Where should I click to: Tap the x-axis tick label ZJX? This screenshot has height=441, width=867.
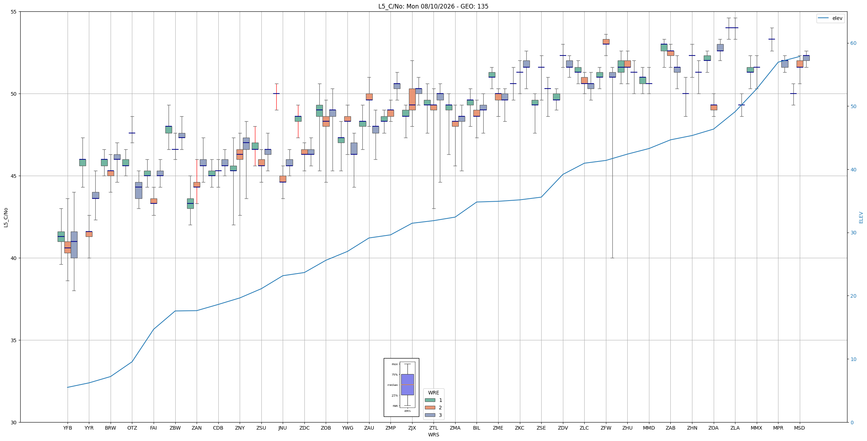(x=412, y=428)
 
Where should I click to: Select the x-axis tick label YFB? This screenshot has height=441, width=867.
(x=68, y=428)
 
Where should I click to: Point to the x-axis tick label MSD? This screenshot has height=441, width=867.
(x=799, y=428)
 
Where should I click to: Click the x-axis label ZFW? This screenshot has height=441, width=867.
(x=606, y=428)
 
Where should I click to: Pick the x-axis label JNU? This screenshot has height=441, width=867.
(x=283, y=428)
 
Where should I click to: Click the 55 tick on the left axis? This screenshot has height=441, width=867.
(x=14, y=12)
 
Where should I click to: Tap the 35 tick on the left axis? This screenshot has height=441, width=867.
(x=14, y=340)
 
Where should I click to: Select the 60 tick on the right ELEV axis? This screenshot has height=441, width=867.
(x=853, y=43)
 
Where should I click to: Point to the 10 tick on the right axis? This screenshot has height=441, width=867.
(x=853, y=359)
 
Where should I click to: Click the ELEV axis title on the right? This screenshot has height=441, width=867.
(x=861, y=217)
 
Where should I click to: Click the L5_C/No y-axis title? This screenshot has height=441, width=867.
(x=6, y=217)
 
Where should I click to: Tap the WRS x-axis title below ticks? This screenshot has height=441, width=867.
(x=433, y=435)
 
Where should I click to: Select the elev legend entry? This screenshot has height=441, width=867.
(x=831, y=18)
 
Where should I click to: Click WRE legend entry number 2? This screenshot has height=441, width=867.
(x=433, y=408)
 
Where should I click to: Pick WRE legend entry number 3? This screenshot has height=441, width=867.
(x=433, y=415)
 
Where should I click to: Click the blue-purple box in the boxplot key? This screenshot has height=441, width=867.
(x=408, y=384)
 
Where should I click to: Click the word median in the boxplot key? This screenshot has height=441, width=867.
(x=393, y=385)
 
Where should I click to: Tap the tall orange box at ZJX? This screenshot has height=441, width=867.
(x=412, y=99)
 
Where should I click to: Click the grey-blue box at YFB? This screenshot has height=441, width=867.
(x=74, y=245)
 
